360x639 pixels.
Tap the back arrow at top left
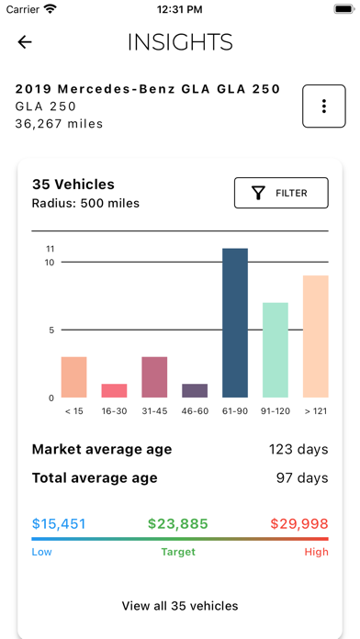[25, 42]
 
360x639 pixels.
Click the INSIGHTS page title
[180, 42]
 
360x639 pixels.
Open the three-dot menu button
[324, 106]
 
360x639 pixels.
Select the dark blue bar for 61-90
[235, 323]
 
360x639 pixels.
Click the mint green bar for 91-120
[276, 350]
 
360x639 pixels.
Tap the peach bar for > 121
[315, 336]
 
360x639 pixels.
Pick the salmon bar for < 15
[74, 376]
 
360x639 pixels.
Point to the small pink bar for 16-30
[114, 390]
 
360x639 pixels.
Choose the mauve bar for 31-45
[154, 376]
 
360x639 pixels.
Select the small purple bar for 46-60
[195, 390]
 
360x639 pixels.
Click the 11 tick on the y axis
[51, 249]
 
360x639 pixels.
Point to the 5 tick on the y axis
[52, 331]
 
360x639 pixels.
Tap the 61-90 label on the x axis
[235, 411]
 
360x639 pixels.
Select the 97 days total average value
[301, 478]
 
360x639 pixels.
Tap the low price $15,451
[59, 524]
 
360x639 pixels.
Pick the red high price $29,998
[299, 524]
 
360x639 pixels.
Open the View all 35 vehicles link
[180, 606]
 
